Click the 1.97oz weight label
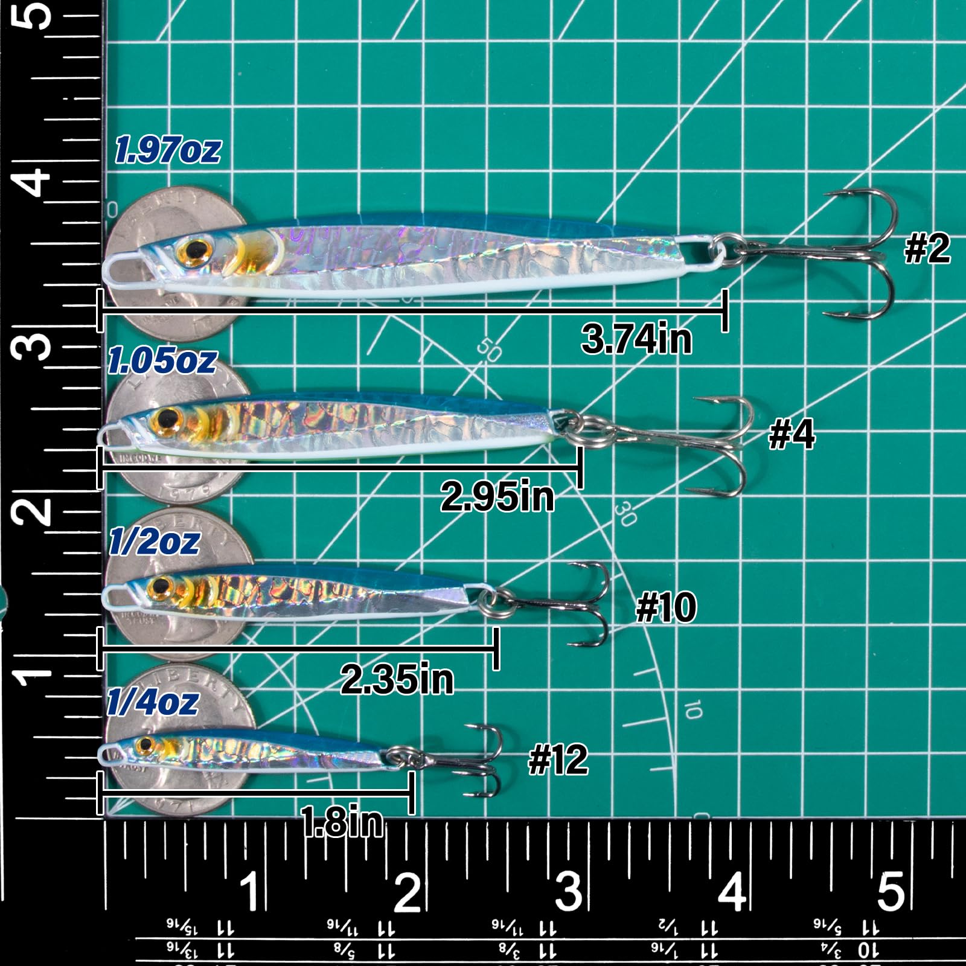168,150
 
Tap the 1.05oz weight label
162,360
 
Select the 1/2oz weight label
154,541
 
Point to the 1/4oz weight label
153,702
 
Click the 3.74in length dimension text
636,339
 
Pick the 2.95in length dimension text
497,496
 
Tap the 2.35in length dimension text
397,679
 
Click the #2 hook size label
927,249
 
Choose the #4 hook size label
792,434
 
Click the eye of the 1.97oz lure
196,248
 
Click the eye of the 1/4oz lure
145,746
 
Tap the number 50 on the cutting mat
488,349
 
